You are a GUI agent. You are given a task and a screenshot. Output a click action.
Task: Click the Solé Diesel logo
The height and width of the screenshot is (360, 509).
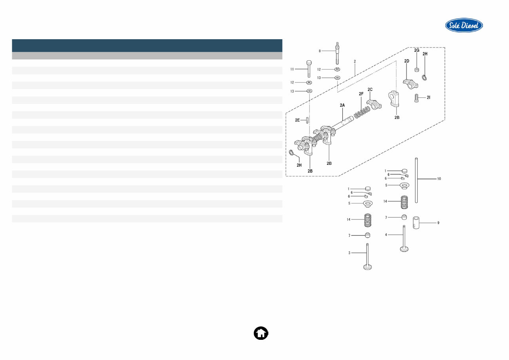pyautogui.click(x=464, y=25)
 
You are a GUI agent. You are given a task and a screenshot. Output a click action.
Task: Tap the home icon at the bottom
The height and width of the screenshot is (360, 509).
pyautogui.click(x=261, y=333)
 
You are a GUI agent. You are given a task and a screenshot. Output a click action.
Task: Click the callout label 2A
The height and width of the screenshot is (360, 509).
pyautogui.click(x=342, y=105)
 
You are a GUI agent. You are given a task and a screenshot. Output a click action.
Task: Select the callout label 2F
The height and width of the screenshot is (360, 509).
pyautogui.click(x=361, y=94)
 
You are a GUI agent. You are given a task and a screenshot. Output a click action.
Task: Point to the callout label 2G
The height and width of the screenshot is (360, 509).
pyautogui.click(x=416, y=51)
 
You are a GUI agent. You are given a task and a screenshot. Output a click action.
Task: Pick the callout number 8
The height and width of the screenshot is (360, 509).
pyautogui.click(x=320, y=51)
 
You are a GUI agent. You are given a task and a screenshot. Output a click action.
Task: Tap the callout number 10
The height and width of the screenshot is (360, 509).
pyautogui.click(x=439, y=179)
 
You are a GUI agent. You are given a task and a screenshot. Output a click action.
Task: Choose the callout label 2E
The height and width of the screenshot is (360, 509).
pyautogui.click(x=297, y=120)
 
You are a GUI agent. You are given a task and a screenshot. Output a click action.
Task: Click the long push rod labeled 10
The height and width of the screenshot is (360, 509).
pyautogui.click(x=416, y=180)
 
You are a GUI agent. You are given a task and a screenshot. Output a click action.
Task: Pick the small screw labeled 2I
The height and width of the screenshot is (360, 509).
pyautogui.click(x=417, y=97)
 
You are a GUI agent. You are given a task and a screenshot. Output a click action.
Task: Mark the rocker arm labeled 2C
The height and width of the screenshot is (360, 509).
pyautogui.click(x=374, y=105)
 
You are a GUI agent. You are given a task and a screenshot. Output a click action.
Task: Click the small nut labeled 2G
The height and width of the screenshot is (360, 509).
pyautogui.click(x=417, y=70)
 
